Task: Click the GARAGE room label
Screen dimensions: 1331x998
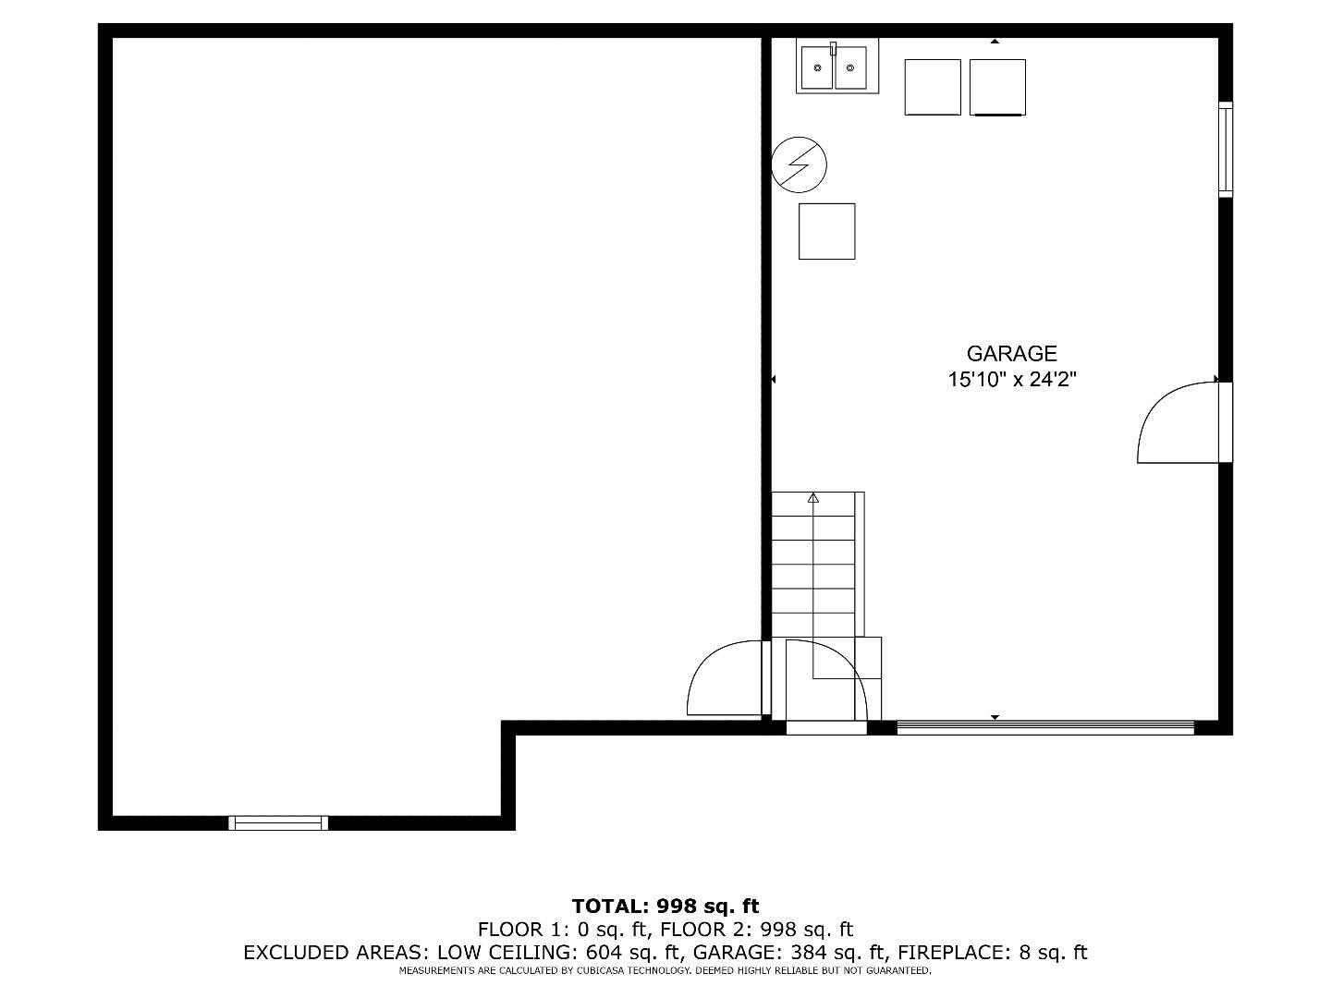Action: [1011, 353]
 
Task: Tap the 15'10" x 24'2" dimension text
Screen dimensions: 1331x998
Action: [1011, 379]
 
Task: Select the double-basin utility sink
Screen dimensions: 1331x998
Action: [836, 67]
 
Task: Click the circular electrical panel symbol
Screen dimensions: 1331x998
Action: [799, 164]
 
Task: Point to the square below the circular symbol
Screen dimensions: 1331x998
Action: [826, 231]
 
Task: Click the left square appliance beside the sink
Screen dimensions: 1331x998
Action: [933, 87]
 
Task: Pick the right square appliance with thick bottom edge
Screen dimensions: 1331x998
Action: [997, 87]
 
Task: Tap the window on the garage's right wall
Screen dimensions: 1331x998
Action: [1226, 150]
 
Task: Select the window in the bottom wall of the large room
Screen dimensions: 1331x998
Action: [278, 822]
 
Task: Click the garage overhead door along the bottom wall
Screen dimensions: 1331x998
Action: [1045, 728]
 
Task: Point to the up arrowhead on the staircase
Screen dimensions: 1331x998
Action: [813, 497]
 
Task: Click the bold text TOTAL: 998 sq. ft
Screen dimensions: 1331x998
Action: [665, 906]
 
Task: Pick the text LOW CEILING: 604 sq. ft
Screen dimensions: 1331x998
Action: [558, 953]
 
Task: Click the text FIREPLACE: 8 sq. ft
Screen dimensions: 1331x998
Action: [993, 953]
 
